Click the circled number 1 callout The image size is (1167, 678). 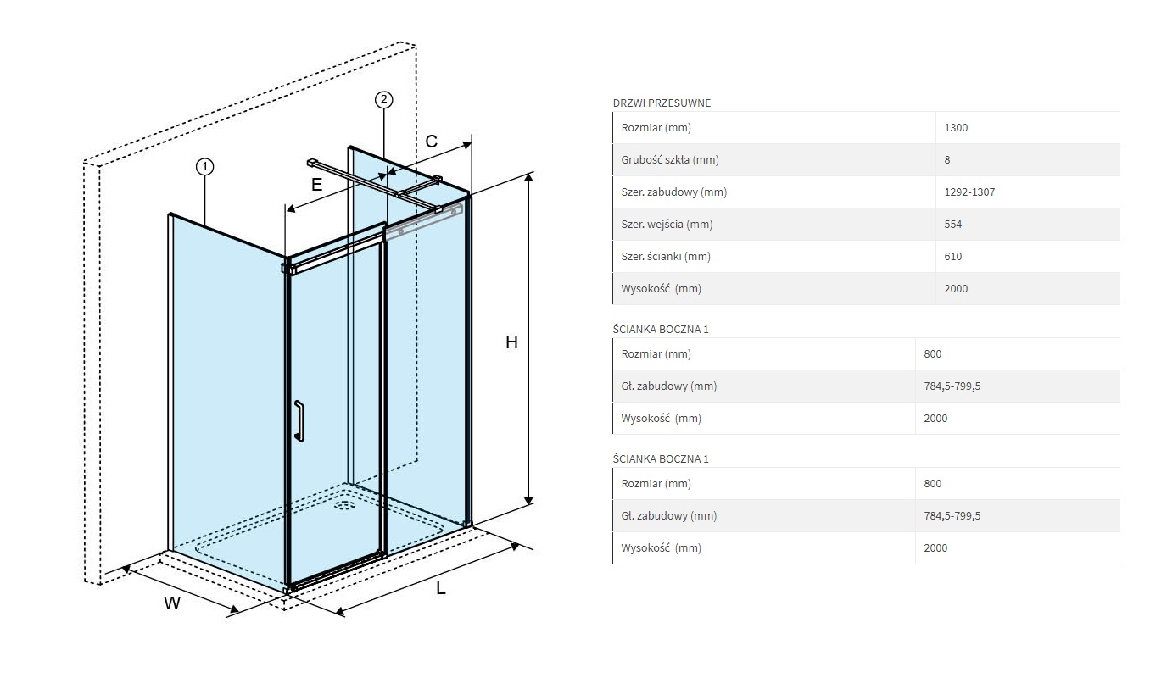204,167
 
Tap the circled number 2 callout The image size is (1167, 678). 383,100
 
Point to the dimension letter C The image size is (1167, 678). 431,142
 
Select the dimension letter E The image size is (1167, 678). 316,184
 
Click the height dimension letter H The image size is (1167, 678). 511,342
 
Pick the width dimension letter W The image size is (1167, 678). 172,603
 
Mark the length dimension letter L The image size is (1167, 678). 441,588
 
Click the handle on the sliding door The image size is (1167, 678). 299,420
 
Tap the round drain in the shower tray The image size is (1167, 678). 344,506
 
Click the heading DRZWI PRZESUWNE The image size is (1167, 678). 662,103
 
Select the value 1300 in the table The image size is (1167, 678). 956,128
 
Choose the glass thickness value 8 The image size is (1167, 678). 947,160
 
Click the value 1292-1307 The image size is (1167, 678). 969,192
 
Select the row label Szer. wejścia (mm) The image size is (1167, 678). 667,225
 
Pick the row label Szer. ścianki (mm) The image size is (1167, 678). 666,257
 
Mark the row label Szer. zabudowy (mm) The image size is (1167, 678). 673,192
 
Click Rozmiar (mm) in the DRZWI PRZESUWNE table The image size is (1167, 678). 656,128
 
